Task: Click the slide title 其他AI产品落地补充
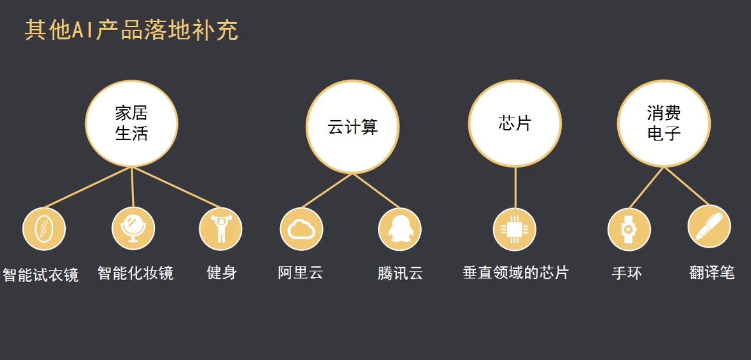[131, 31]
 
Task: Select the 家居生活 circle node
[131, 124]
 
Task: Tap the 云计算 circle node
[352, 127]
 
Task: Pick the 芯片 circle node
[515, 124]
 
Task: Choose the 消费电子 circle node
[664, 124]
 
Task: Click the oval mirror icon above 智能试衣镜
[44, 229]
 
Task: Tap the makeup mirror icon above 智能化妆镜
[133, 229]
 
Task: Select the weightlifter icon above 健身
[220, 229]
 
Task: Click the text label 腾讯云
[400, 273]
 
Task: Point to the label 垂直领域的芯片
[515, 273]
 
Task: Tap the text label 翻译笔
[712, 273]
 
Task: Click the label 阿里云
[300, 273]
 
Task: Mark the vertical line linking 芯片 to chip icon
[515, 187]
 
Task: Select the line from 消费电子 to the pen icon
[686, 186]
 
